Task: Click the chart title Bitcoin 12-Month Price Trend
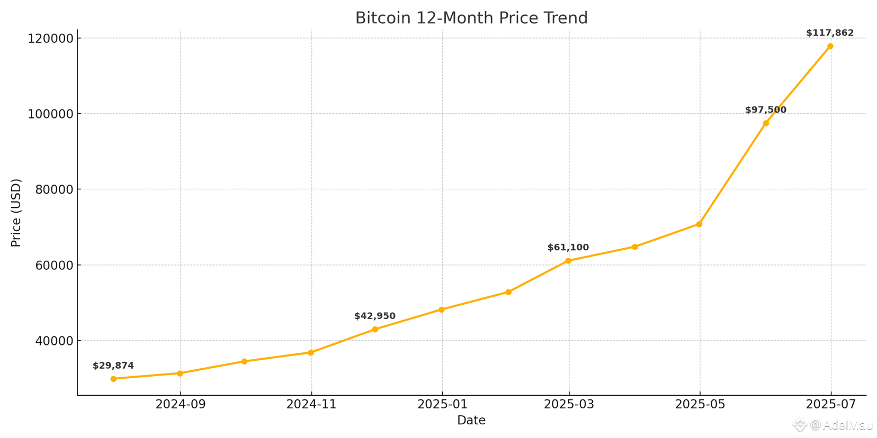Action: (471, 18)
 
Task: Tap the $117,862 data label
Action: (830, 33)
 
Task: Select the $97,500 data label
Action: (765, 110)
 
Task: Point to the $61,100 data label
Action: (568, 248)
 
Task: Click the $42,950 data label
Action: (374, 316)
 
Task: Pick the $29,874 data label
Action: (113, 366)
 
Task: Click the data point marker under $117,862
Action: (830, 47)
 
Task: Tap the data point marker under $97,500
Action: (766, 123)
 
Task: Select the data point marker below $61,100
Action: (568, 261)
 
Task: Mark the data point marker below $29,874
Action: (113, 379)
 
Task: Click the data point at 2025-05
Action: (699, 224)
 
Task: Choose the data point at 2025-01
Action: (442, 309)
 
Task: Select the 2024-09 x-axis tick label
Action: (180, 405)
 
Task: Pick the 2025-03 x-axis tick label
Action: (569, 405)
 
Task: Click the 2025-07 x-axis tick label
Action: (830, 405)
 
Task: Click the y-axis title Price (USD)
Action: (16, 213)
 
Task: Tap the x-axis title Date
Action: (471, 421)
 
